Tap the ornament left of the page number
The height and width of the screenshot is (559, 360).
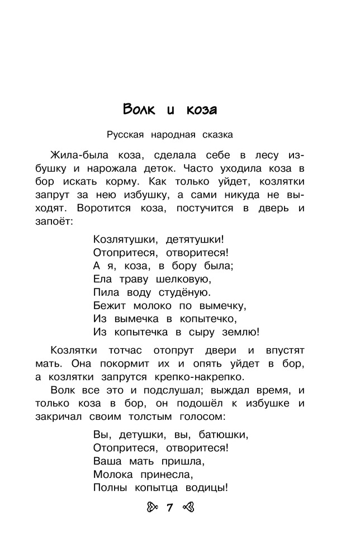click(x=153, y=509)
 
